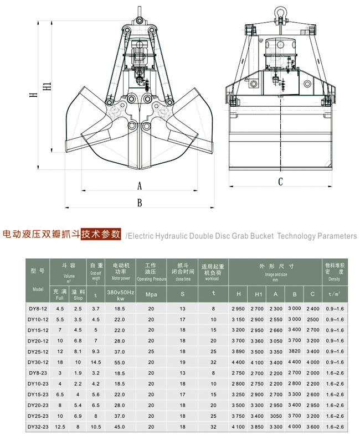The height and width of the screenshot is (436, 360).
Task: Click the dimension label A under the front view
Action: coord(140,185)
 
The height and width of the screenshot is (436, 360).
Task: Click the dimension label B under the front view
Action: coord(140,203)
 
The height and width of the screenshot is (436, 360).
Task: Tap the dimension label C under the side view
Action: coord(280,181)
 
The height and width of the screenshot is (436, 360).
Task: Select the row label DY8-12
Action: coord(38,308)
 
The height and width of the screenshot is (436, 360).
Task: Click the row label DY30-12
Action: coord(38,362)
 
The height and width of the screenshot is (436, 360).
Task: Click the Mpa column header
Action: coord(151,294)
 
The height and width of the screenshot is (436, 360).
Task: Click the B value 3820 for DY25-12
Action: coord(295,351)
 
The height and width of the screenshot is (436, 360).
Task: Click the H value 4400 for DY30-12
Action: coord(238,362)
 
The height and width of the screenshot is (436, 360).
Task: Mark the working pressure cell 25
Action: coord(151,351)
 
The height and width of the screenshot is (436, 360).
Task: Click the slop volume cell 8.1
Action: coord(79,351)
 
